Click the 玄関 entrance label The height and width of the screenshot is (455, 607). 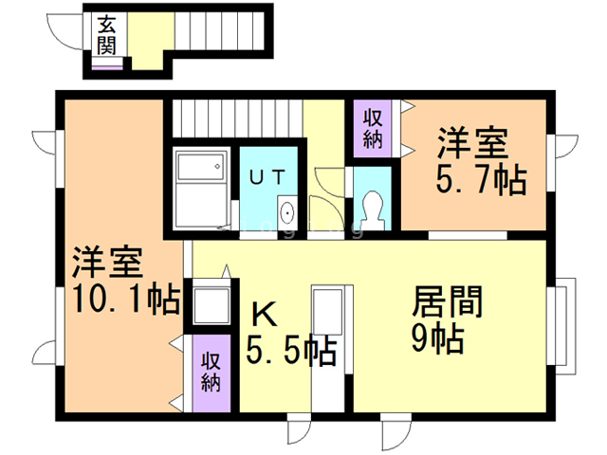coord(105,35)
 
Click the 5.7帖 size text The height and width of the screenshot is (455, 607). coord(482,180)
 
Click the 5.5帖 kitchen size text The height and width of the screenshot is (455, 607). coord(291,352)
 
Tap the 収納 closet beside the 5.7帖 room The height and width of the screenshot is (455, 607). coord(372,129)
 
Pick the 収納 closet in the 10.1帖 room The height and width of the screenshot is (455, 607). coord(211,370)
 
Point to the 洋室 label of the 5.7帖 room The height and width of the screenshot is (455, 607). coord(470,143)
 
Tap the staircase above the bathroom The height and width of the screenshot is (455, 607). coord(236,118)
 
